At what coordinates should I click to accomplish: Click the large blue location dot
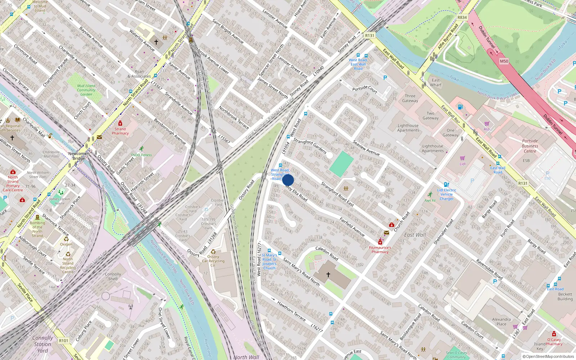click(x=288, y=180)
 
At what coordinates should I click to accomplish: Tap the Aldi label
click(x=487, y=129)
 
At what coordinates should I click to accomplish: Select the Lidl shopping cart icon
click(x=463, y=158)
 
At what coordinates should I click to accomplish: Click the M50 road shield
click(x=504, y=61)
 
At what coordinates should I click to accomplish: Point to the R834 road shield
click(x=462, y=17)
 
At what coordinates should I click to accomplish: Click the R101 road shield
click(x=64, y=341)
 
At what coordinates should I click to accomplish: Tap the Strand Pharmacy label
click(x=120, y=131)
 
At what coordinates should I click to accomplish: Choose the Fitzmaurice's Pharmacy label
click(x=380, y=249)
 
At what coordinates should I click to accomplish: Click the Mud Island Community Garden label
click(x=86, y=90)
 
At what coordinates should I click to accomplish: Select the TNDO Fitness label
click(x=141, y=155)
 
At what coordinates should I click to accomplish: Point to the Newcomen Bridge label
click(x=79, y=156)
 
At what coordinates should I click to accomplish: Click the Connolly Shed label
click(x=113, y=276)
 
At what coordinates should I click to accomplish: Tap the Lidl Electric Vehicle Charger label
click(x=447, y=194)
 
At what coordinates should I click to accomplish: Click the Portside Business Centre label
click(x=530, y=146)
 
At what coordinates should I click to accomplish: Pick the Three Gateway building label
click(x=410, y=98)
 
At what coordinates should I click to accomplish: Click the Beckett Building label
click(x=565, y=296)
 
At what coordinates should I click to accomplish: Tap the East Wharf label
click(x=436, y=82)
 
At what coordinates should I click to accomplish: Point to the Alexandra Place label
click(x=501, y=321)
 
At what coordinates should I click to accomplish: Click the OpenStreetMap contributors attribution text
click(x=550, y=356)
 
